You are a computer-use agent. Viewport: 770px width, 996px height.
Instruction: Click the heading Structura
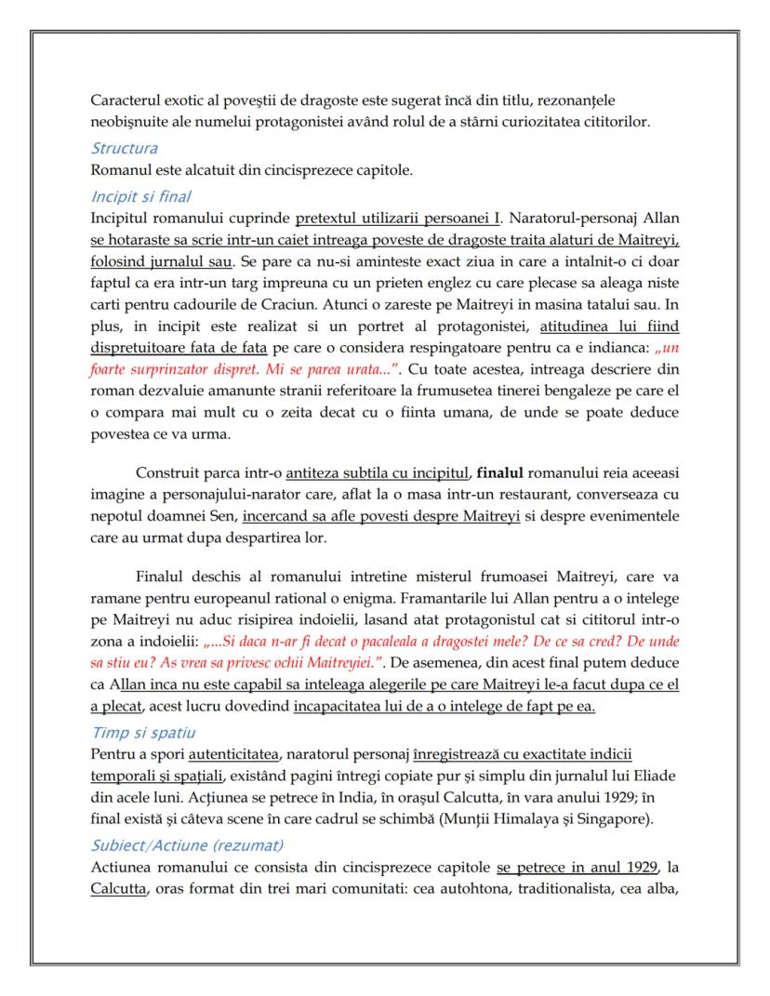point(124,148)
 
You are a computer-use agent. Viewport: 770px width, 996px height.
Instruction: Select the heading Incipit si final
point(140,196)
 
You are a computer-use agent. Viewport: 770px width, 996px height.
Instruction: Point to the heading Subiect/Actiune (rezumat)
point(187,845)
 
